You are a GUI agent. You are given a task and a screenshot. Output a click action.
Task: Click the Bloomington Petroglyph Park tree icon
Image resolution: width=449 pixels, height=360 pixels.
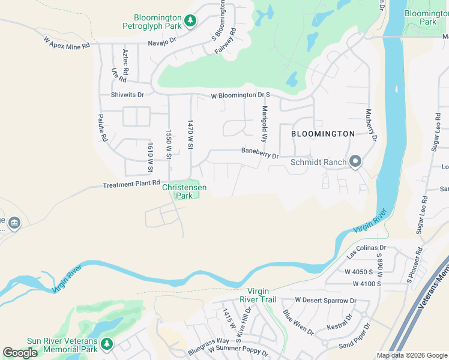[x=190, y=21]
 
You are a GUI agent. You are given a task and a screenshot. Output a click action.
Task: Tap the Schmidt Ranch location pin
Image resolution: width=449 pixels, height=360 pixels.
[x=355, y=161]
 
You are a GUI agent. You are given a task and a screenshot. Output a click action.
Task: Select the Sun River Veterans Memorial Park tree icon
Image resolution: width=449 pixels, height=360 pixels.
[x=106, y=344]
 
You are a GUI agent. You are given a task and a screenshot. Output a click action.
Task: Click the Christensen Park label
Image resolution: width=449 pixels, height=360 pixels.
[x=184, y=191]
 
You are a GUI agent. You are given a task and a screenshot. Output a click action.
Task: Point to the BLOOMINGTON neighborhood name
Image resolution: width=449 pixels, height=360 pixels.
[x=323, y=134]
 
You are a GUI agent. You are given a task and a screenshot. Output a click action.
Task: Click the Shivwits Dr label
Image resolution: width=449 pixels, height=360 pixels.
[x=127, y=95]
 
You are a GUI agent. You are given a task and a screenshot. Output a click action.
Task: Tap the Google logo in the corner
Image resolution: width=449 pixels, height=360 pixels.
[x=20, y=353]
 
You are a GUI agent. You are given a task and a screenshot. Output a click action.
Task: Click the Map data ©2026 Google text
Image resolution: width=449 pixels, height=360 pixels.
[x=412, y=355]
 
